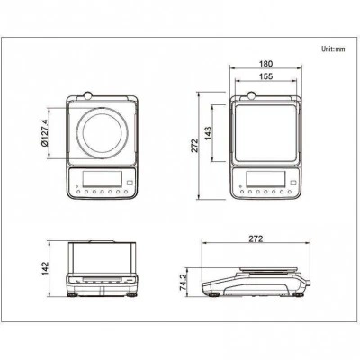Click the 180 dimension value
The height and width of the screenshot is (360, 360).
coord(265,64)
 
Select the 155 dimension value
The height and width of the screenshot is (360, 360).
coord(265,76)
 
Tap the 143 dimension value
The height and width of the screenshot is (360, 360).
coord(208,133)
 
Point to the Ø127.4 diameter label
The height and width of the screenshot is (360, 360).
coord(44,133)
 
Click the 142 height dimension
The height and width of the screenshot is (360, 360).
coord(45,268)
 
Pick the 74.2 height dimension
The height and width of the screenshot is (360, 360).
coord(184,282)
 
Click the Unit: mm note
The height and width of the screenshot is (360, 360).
coord(333,49)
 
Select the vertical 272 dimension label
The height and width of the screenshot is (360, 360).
coord(195,146)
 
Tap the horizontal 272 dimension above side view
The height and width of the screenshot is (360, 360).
coord(256,238)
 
